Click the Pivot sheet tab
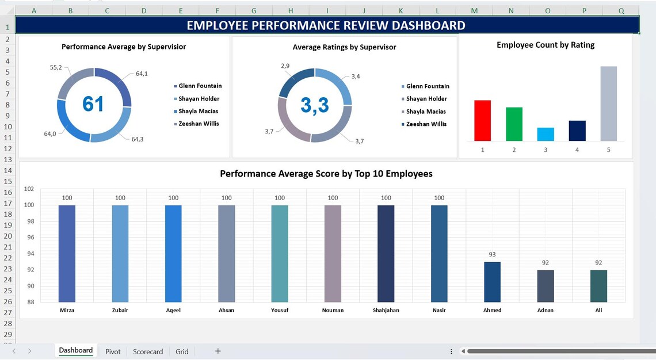(113, 351)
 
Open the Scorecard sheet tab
(148, 351)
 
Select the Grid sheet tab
(182, 351)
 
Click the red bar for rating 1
(482, 121)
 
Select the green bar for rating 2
(514, 124)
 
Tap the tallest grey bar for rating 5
(608, 104)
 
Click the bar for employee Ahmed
(492, 282)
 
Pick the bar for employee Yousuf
(280, 253)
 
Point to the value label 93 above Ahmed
(492, 254)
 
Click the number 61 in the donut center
(93, 104)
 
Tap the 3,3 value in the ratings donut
(315, 105)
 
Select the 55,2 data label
(56, 67)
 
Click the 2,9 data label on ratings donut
(285, 66)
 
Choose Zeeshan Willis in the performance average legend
(199, 124)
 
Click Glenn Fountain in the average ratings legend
(428, 86)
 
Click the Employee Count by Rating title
(545, 45)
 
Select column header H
(291, 10)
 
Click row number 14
(7, 170)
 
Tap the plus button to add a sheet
(218, 351)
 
